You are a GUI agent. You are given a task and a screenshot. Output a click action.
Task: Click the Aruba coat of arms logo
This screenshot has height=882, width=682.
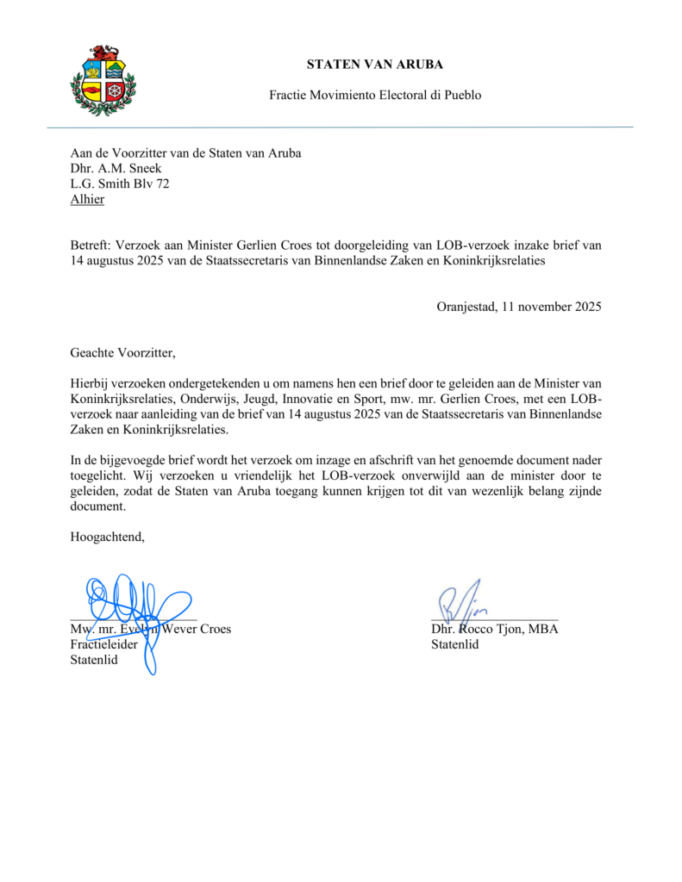click(x=103, y=80)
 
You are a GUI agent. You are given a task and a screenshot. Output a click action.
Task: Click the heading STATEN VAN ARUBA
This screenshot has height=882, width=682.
click(x=375, y=65)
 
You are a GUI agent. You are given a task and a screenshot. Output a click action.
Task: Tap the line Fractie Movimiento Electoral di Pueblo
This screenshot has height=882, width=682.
click(x=375, y=95)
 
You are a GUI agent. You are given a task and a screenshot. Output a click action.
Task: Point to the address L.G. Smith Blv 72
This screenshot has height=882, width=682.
click(x=120, y=183)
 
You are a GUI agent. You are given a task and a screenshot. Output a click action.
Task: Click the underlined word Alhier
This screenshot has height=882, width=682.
click(x=87, y=199)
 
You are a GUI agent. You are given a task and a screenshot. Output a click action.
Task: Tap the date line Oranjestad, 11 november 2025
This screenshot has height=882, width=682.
click(x=518, y=306)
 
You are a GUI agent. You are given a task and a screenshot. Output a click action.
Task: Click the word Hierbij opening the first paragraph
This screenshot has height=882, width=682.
click(x=92, y=382)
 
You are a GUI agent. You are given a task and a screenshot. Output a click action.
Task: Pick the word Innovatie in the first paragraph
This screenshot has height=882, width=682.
click(x=310, y=398)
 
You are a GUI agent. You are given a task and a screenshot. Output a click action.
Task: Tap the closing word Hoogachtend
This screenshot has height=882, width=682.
click(x=107, y=537)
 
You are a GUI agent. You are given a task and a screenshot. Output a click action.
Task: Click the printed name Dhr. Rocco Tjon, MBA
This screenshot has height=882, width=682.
click(x=495, y=629)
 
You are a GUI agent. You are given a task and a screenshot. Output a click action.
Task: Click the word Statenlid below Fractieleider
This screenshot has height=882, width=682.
click(x=94, y=660)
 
